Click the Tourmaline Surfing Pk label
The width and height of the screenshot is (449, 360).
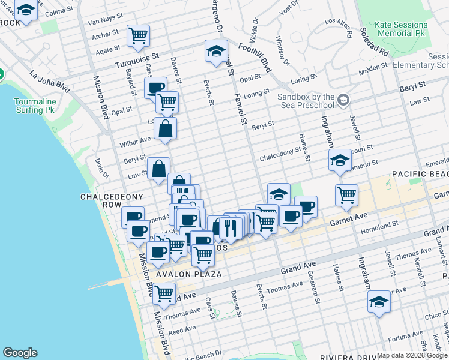(35, 106)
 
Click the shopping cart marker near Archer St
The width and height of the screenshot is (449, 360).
(139, 35)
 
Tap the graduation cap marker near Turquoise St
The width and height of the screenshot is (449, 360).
(216, 52)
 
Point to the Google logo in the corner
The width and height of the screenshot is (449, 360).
(20, 353)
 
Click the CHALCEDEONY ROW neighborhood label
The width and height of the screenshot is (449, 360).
(104, 200)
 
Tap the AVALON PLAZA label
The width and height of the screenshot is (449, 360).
(189, 274)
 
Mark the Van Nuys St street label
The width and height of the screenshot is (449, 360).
(106, 22)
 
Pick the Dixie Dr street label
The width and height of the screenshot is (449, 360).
(100, 169)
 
